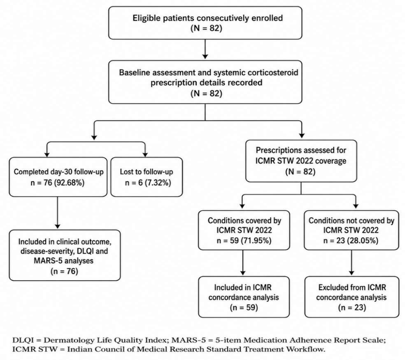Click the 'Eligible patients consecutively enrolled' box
(205, 23)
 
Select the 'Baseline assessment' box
(205, 82)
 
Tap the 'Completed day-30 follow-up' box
(58, 177)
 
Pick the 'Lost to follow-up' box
(147, 177)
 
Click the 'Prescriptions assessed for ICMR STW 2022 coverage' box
(301, 161)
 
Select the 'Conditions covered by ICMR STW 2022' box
(244, 230)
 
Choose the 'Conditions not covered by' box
(351, 230)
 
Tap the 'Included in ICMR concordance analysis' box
(244, 297)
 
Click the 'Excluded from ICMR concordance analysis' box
(352, 297)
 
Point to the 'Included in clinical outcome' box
(65, 255)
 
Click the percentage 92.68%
(69, 183)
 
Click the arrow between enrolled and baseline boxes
(205, 49)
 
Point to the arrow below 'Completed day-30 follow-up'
(58, 213)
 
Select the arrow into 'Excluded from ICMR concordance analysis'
(352, 263)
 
